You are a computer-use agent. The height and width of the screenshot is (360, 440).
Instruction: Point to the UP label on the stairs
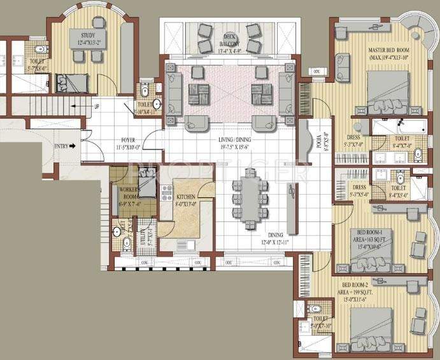click(96, 106)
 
